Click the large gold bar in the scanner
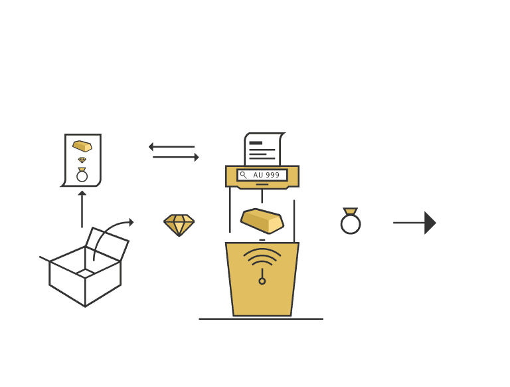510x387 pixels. (x=262, y=221)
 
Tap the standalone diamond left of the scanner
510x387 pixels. (x=179, y=225)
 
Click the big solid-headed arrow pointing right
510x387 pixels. (x=414, y=223)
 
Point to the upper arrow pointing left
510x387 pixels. (x=171, y=147)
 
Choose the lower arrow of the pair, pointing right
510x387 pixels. (x=176, y=158)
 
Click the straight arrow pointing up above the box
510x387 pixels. (x=82, y=209)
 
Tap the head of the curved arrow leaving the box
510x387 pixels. (x=131, y=223)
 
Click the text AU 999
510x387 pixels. (x=266, y=176)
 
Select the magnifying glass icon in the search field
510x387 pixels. (x=243, y=175)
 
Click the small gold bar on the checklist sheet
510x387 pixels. (x=82, y=146)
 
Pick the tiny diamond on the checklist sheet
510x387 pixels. (x=82, y=160)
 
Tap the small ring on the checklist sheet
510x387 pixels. (x=82, y=175)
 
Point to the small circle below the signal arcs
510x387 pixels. (x=262, y=281)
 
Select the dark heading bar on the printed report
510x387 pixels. (x=256, y=143)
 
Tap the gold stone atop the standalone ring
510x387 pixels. (x=351, y=211)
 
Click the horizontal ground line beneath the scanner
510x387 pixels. (x=261, y=319)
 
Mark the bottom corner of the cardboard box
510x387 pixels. (x=85, y=307)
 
